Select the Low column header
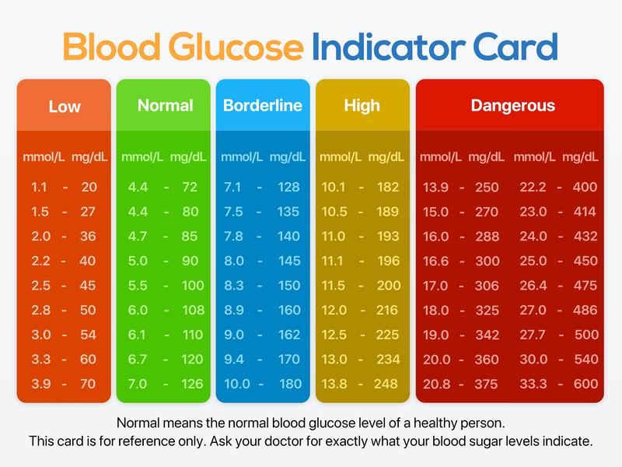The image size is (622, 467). pos(65,107)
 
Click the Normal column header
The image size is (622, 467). pos(165,105)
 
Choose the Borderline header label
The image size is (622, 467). pos(262,105)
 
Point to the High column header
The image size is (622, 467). pos(362,105)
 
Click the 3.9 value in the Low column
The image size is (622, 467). pos(40,384)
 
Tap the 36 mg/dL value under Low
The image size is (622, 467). pos(89,236)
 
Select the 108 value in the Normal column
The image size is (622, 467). pos(193,310)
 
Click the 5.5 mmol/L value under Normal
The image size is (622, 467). pos(138,286)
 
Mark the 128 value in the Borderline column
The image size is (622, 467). pos(288,187)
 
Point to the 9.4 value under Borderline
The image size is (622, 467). pos(234,360)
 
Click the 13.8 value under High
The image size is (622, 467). pos(334,384)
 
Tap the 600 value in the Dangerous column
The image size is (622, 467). pos(585,384)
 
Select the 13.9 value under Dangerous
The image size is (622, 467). pos(435,187)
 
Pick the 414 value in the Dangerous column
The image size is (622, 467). pos(585,212)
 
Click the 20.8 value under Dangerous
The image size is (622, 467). pos(435,384)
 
